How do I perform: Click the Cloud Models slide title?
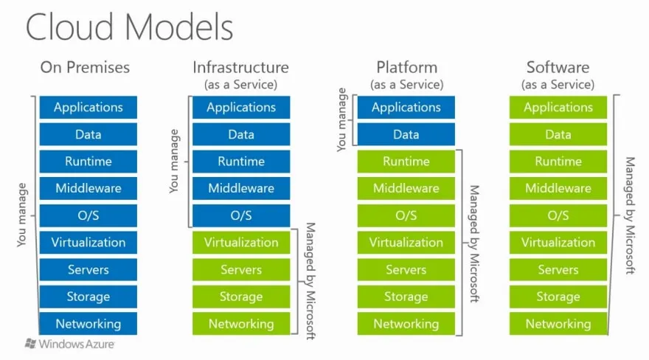(x=130, y=27)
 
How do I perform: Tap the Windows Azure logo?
(x=71, y=344)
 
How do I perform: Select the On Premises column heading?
(x=85, y=67)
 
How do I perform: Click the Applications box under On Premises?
(x=88, y=108)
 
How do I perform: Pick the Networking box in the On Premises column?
(x=88, y=324)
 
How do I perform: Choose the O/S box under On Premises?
(x=88, y=215)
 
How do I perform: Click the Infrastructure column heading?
(x=240, y=67)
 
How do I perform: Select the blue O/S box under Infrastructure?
(x=240, y=215)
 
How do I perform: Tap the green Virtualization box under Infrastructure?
(x=240, y=243)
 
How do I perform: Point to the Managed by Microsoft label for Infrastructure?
(x=310, y=281)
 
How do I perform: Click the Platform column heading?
(x=406, y=67)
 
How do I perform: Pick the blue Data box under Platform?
(x=406, y=135)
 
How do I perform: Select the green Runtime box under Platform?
(x=406, y=162)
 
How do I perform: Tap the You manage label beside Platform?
(x=341, y=120)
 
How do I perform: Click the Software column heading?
(x=558, y=67)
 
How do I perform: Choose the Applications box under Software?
(x=558, y=108)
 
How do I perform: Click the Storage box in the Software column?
(x=558, y=297)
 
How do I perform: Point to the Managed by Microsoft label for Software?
(x=629, y=215)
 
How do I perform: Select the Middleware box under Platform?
(x=406, y=189)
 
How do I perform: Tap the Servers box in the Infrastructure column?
(x=240, y=270)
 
